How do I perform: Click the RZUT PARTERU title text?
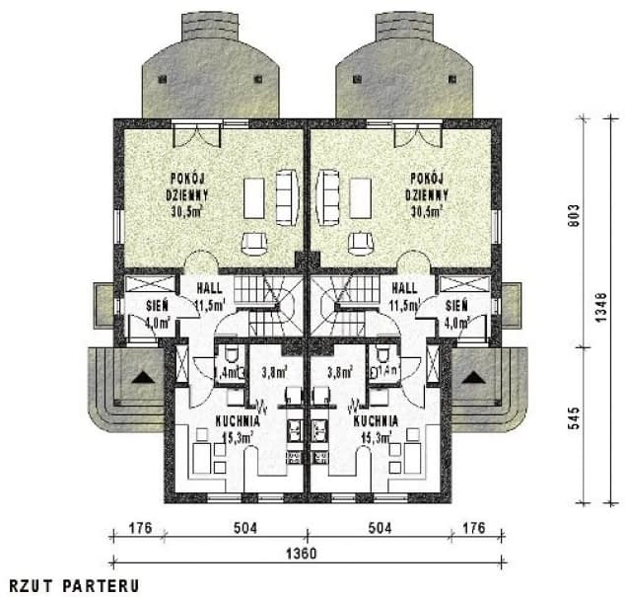point(75,584)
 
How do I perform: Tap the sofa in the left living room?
point(287,196)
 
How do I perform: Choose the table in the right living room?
point(361,197)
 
